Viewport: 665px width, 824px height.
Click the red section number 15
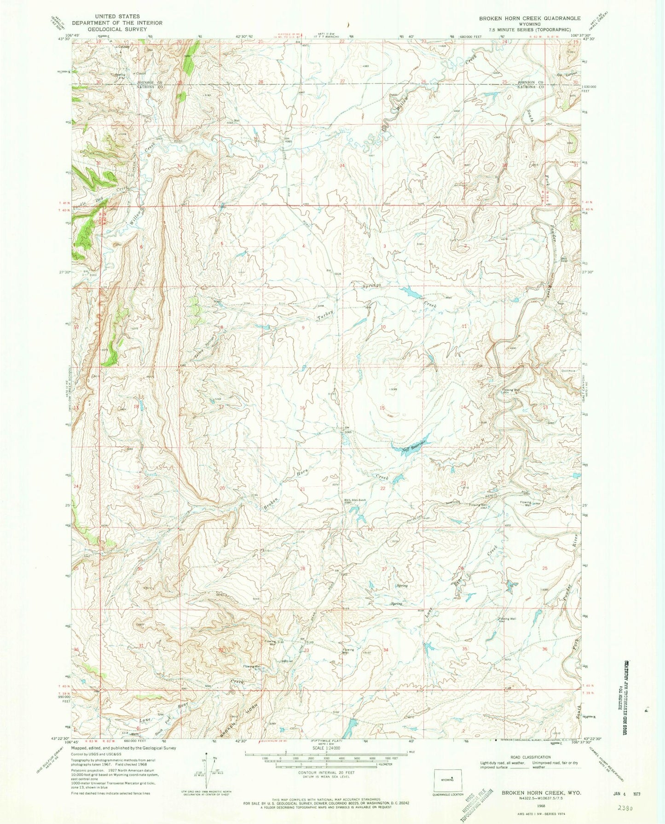(382, 408)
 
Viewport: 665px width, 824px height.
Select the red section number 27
(384, 569)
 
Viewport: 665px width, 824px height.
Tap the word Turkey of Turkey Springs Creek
(325, 315)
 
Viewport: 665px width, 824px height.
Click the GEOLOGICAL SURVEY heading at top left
(117, 29)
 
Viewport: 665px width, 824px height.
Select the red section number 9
(303, 327)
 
